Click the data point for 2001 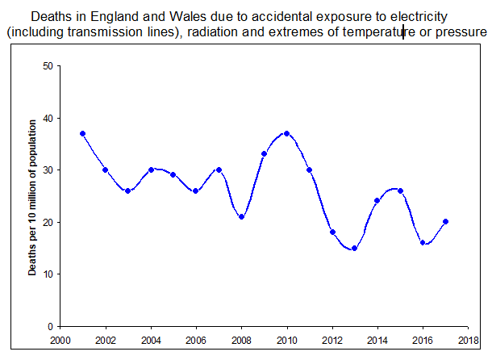click(x=82, y=133)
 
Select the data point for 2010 click(x=286, y=133)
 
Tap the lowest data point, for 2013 click(x=354, y=248)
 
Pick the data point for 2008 click(x=241, y=216)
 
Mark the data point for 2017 click(x=445, y=221)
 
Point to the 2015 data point click(x=400, y=190)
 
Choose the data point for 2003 click(x=127, y=190)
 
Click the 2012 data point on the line click(x=331, y=232)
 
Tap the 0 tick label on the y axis click(x=49, y=326)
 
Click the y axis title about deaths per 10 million click(x=33, y=197)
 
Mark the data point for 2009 click(x=264, y=153)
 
